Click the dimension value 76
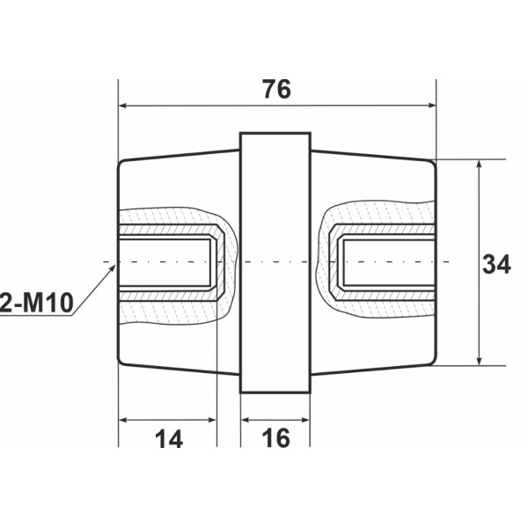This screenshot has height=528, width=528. click(276, 90)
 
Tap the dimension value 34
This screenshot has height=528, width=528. click(497, 263)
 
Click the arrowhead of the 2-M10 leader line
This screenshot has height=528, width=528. click(114, 268)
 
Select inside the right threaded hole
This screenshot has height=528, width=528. click(387, 262)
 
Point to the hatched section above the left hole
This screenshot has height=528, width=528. click(167, 216)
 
